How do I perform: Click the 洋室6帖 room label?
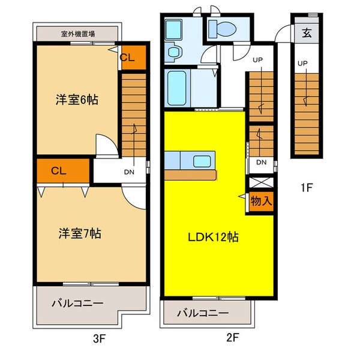point(77,100)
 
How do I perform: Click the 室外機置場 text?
point(78,34)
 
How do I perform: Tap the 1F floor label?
point(307,188)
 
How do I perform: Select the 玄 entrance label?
point(307,33)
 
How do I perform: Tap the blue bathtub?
point(176,88)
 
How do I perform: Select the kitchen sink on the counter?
point(200,161)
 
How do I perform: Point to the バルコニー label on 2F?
point(202,313)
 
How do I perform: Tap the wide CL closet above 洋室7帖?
point(58,170)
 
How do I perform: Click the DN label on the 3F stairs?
point(129,171)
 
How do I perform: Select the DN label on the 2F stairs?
point(262,162)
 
